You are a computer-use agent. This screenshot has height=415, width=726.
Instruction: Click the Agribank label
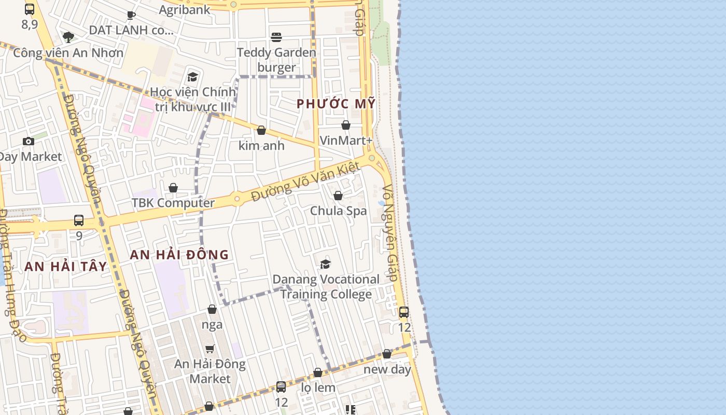tap(185, 9)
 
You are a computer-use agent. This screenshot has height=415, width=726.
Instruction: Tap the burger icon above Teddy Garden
tap(276, 37)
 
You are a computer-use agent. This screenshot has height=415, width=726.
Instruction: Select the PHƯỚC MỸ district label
tap(336, 104)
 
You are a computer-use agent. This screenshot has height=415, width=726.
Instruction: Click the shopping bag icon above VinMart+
tap(346, 125)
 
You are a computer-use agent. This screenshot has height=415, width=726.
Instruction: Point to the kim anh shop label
tap(261, 146)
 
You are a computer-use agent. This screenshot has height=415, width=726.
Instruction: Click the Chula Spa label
tap(338, 211)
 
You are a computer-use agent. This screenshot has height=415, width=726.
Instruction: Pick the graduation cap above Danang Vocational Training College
tap(325, 265)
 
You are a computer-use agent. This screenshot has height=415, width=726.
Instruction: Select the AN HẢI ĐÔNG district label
tap(179, 255)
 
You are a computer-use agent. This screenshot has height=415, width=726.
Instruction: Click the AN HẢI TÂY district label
tap(65, 267)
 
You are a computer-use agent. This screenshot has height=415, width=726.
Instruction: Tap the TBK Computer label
tap(173, 203)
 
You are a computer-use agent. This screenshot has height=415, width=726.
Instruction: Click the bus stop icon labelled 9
tap(79, 220)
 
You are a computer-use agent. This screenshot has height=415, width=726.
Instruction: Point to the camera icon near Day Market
tap(29, 141)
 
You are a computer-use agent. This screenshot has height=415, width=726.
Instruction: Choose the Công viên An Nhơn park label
tap(68, 52)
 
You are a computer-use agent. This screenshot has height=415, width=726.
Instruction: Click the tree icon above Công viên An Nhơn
tap(68, 37)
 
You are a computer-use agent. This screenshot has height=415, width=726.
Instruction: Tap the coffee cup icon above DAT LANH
tap(131, 15)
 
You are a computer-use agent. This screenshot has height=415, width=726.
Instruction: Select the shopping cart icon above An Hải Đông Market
tap(210, 349)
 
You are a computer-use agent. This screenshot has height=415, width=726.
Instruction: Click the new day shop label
tap(387, 369)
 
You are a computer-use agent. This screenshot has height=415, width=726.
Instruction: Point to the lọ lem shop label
tap(318, 388)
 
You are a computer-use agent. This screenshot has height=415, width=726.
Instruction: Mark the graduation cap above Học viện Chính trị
tap(193, 77)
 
